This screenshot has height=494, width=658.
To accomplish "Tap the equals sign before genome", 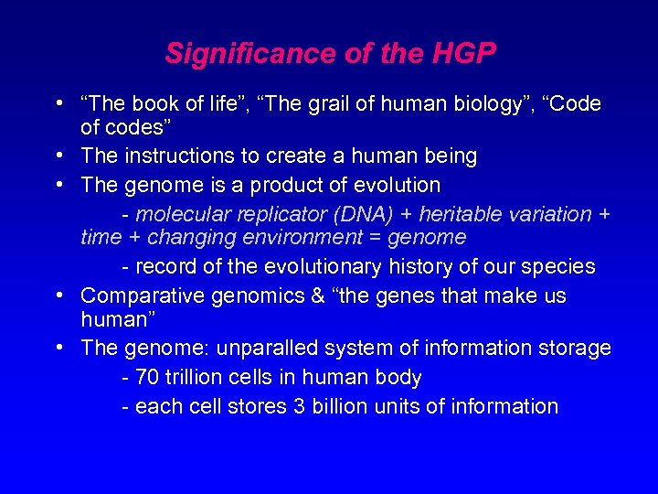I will (376, 238).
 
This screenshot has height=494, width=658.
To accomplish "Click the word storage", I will (576, 349).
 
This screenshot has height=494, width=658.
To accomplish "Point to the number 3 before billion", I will (300, 407).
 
